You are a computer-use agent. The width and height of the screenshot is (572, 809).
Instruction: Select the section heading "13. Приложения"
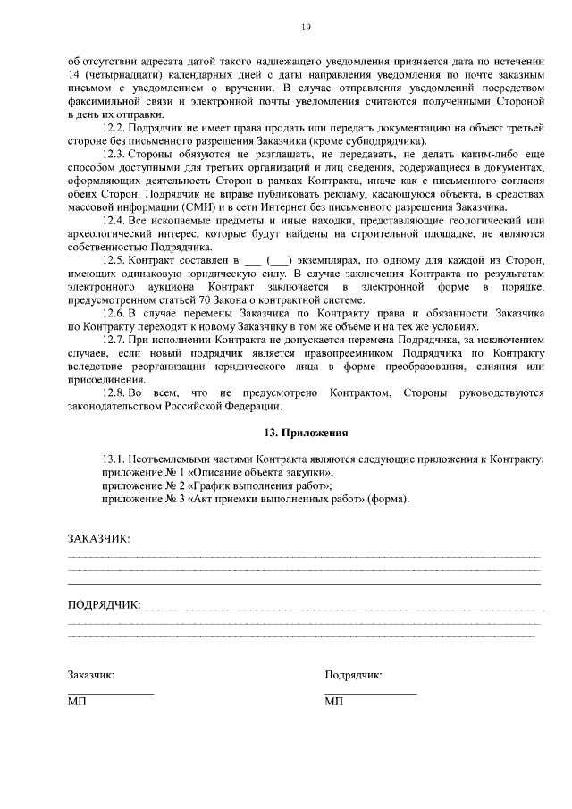pyautogui.click(x=305, y=433)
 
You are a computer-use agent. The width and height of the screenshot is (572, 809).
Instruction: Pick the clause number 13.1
pyautogui.click(x=117, y=459)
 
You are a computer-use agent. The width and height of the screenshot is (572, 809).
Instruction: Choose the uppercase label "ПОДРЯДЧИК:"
pyautogui.click(x=105, y=604)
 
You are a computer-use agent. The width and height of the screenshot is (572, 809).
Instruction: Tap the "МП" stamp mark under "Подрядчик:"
pyautogui.click(x=334, y=703)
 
